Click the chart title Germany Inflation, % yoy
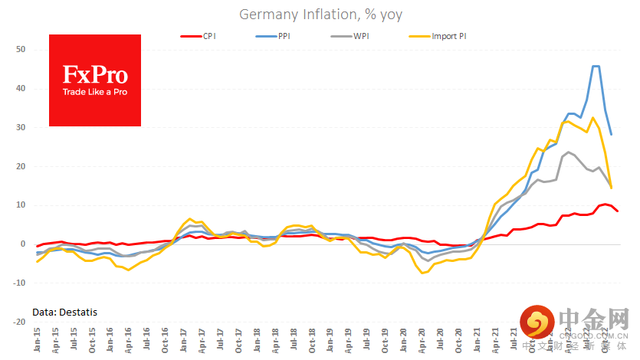click(320, 15)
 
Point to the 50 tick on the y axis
click(21, 50)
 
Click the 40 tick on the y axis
click(21, 89)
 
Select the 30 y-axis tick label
click(21, 128)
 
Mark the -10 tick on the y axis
click(19, 283)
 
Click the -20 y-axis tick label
click(19, 322)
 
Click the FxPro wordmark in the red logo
click(95, 75)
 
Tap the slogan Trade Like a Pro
click(95, 92)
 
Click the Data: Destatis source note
click(65, 312)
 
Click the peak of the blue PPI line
click(595, 67)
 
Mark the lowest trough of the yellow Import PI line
click(422, 273)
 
